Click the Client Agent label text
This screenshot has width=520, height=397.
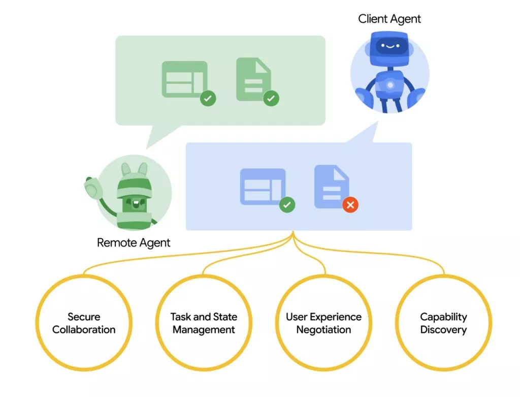coord(389,19)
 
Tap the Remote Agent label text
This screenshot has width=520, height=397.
coord(134,242)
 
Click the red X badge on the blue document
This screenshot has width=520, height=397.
coord(350,205)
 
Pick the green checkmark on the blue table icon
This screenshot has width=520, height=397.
coord(287,205)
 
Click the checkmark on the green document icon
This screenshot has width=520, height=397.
coord(271,98)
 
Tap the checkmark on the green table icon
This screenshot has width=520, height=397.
coord(207,98)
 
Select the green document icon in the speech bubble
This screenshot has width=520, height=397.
coord(252,79)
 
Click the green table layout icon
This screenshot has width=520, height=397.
coord(184,79)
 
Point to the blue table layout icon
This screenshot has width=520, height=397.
coord(262,186)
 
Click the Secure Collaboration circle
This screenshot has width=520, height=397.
coord(84,323)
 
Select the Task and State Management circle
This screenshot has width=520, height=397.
coord(204,323)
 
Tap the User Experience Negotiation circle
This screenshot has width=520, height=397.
coord(323,323)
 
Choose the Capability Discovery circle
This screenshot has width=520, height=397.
coord(443,323)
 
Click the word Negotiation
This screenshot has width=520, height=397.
coord(323,330)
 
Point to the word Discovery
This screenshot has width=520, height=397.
coord(443,330)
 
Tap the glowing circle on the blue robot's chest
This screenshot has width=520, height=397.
coord(390,85)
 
